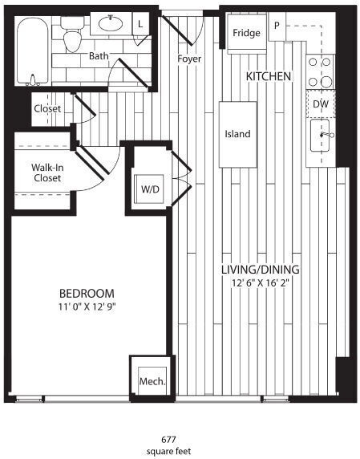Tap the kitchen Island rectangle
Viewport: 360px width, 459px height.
point(237,134)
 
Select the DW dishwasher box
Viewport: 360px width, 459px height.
point(320,104)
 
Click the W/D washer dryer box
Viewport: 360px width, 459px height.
point(150,190)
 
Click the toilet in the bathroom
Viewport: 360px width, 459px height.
point(73,38)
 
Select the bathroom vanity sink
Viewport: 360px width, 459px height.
point(111,24)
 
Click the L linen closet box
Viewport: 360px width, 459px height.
point(140,24)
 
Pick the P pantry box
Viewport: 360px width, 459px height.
point(277,25)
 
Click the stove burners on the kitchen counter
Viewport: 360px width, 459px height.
point(320,71)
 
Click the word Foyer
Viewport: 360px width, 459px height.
point(190,59)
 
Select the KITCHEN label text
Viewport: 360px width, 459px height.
point(269,76)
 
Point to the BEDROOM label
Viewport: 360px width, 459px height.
point(87,294)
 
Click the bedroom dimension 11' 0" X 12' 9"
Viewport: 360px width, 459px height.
point(87,307)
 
